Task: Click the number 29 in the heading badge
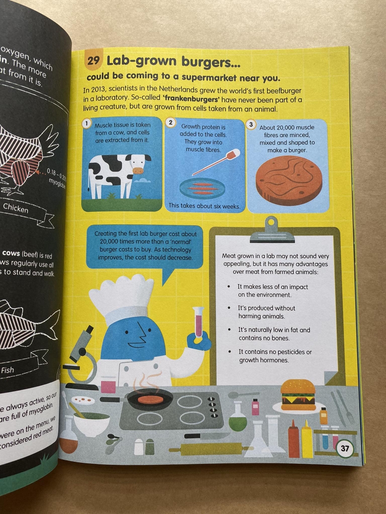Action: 93,61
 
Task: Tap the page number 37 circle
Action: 344,448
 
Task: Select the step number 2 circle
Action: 171,123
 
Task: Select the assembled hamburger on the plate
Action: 298,395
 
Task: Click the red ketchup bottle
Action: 294,439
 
